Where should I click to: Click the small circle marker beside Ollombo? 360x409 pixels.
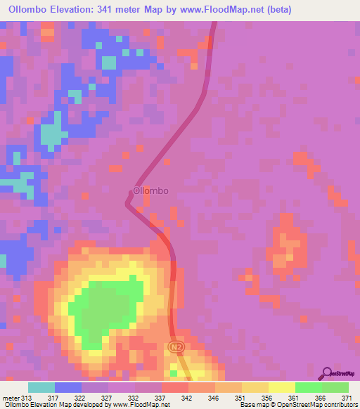pos(131,190)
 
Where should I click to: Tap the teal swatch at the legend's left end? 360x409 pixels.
pos(41,387)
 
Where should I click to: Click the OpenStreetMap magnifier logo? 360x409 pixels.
pos(326,373)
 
